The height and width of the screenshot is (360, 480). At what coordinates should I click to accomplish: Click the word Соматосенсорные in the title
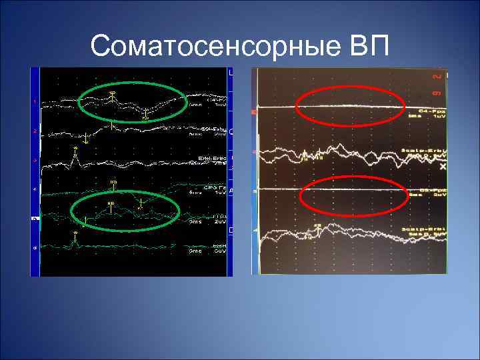(213, 47)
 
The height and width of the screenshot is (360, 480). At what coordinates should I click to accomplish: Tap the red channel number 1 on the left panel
(34, 101)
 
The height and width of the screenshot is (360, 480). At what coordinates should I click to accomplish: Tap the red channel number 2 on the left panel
(34, 131)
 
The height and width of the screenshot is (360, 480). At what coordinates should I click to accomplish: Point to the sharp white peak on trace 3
(75, 155)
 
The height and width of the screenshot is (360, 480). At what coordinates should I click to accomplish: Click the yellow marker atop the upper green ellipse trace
(113, 93)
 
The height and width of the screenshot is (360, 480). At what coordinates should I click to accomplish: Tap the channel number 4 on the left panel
(34, 190)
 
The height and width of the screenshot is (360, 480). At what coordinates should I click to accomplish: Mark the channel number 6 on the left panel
(34, 247)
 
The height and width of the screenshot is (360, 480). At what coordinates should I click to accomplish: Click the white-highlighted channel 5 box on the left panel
(35, 218)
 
